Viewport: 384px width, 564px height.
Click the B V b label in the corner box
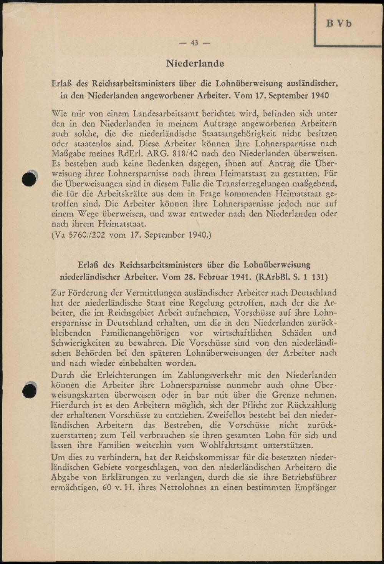click(339, 23)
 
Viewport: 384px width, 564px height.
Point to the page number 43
click(195, 43)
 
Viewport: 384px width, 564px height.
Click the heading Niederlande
click(195, 63)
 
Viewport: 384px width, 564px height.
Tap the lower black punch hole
click(30, 391)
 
